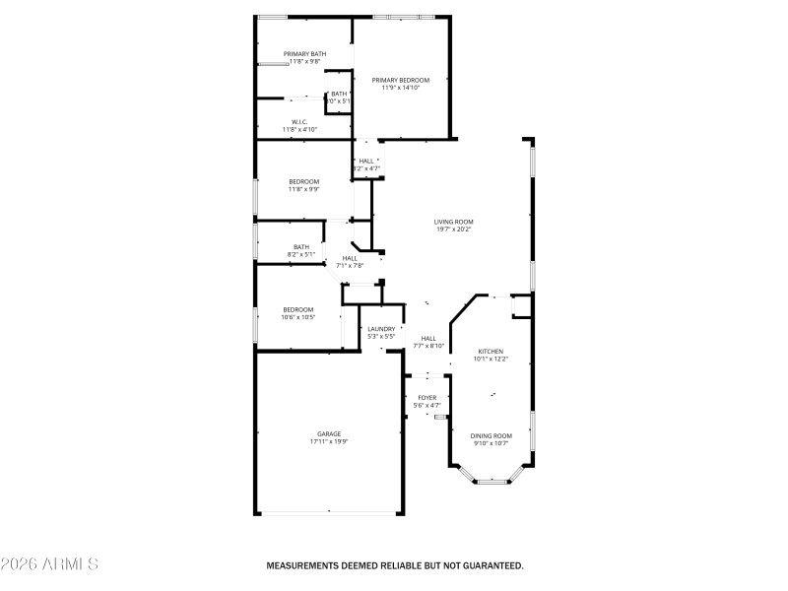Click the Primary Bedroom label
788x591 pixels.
401,79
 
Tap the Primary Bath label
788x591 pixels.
304,53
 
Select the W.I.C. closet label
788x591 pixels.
300,121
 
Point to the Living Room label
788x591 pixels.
454,222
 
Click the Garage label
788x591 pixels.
329,433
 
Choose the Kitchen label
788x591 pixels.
491,351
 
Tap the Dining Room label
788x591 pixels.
491,435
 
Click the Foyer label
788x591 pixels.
427,397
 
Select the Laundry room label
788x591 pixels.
381,329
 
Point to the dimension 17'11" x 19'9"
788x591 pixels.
329,441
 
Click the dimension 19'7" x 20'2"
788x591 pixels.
454,230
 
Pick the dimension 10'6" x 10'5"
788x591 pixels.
297,317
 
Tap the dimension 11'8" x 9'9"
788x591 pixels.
303,189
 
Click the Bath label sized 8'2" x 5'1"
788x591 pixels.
301,247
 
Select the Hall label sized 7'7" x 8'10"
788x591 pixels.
428,338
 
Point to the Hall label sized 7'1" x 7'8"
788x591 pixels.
350,258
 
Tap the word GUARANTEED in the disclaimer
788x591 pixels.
488,566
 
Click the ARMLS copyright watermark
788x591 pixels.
49,565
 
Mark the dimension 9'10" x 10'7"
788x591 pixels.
491,443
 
